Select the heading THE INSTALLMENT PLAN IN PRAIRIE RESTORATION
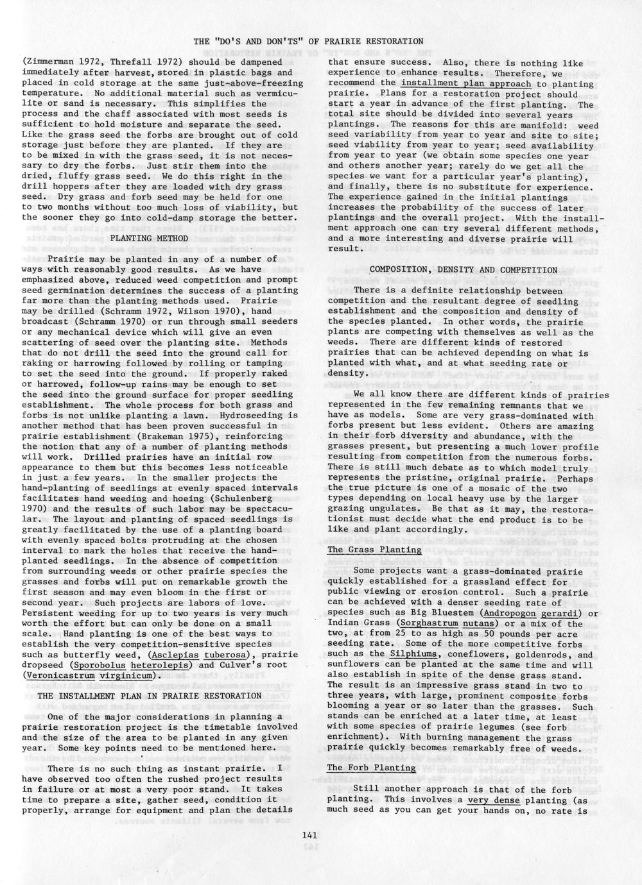pos(150,695)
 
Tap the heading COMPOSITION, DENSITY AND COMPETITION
pos(464,270)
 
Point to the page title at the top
pos(308,42)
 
